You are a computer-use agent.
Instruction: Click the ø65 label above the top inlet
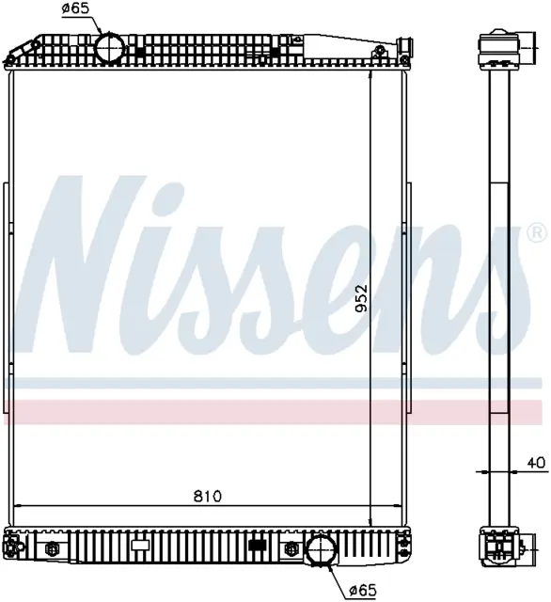tap(75, 8)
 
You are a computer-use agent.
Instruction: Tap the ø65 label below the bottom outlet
tap(363, 590)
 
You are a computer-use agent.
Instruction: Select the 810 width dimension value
tap(208, 496)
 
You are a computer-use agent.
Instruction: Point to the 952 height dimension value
tap(361, 298)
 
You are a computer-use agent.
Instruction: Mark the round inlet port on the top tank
tap(110, 48)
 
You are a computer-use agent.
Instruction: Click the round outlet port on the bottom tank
tap(322, 550)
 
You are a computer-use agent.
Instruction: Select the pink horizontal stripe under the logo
tap(274, 412)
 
